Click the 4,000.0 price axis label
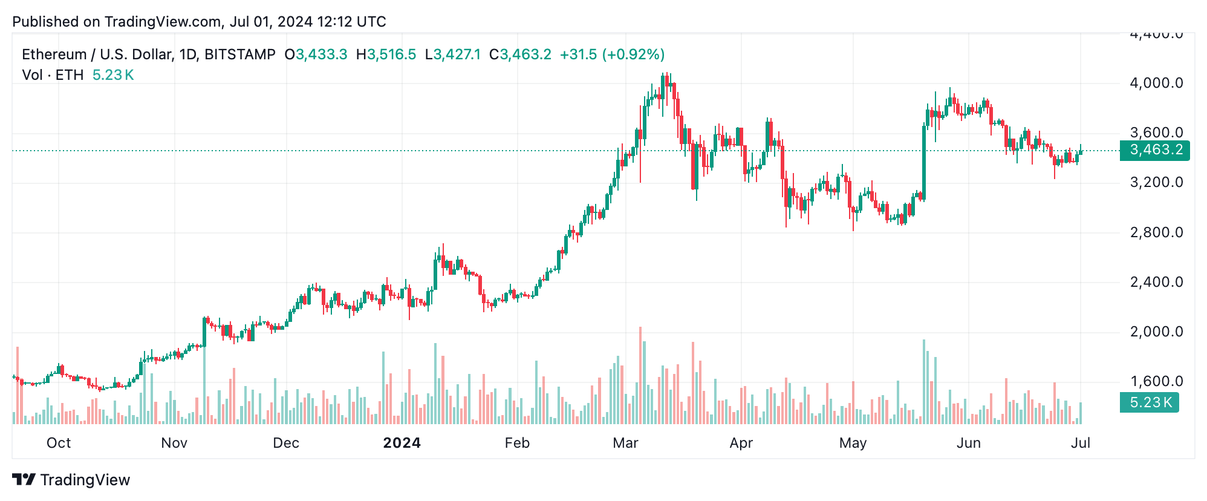coord(1156,83)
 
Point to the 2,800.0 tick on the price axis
coord(1156,232)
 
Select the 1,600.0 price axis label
coord(1156,381)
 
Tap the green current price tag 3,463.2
coord(1154,150)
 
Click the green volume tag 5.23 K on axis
coord(1149,402)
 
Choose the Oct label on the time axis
coord(59,443)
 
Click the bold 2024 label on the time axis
coord(402,443)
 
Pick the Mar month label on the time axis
coord(625,443)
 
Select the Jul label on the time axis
coord(1080,443)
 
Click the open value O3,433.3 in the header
coord(316,54)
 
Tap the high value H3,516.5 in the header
coord(386,54)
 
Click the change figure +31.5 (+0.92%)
coord(612,54)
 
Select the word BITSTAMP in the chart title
coord(240,54)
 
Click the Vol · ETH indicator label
coord(53,75)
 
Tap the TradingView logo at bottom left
coord(71,480)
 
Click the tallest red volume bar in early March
coord(640,375)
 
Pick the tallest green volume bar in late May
coord(924,381)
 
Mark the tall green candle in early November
coord(204,332)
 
